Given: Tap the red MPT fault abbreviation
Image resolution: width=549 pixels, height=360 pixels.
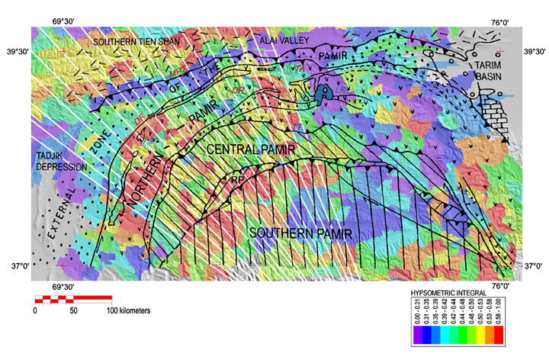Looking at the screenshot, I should pyautogui.click(x=177, y=71).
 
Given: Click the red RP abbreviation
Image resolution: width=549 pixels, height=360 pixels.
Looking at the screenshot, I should pyautogui.click(x=237, y=181).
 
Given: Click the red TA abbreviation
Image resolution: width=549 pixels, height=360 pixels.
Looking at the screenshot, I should pyautogui.click(x=300, y=69).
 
